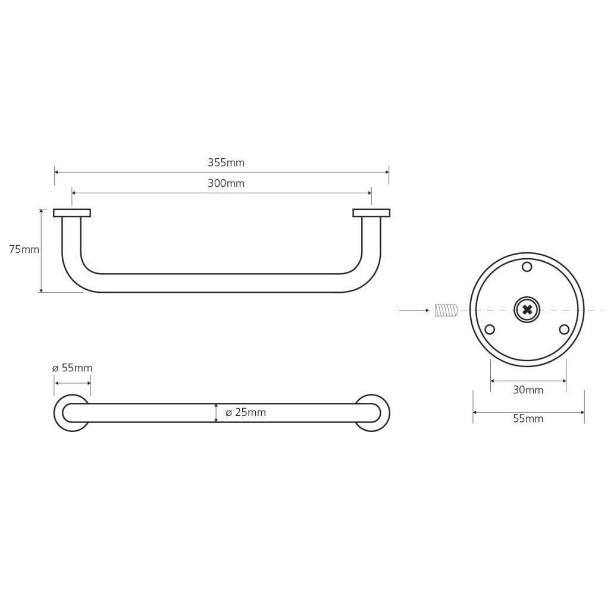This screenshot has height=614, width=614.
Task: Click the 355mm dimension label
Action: [x=226, y=162]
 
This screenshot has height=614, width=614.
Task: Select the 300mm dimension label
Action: [x=226, y=183]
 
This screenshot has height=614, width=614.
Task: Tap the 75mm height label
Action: [x=24, y=249]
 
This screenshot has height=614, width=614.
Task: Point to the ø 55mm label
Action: [x=73, y=368]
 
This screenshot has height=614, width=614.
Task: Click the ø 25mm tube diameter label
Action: [x=246, y=412]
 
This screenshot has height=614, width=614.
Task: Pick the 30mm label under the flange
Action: [x=528, y=390]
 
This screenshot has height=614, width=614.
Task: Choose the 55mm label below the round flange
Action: [x=528, y=419]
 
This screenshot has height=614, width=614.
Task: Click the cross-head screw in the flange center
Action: [x=527, y=310]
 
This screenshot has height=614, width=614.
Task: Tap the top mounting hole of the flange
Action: [x=527, y=267]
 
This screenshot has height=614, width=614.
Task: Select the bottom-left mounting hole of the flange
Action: [x=490, y=330]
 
